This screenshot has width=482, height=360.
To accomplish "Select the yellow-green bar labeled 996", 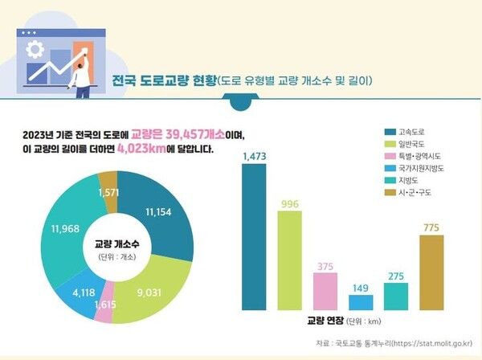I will click(290, 260).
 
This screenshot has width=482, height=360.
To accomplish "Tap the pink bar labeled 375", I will click(325, 291).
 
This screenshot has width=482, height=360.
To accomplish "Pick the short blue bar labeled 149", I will click(361, 302).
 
